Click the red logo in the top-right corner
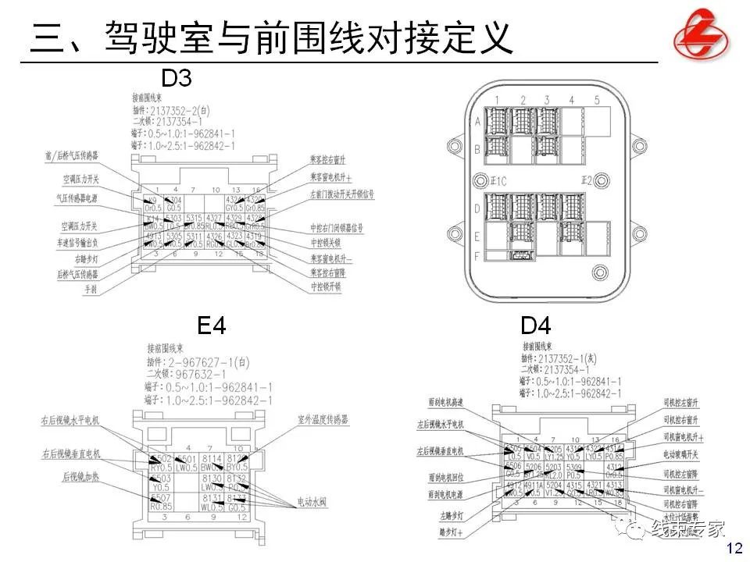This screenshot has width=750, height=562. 701,33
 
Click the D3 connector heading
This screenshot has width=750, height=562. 176,78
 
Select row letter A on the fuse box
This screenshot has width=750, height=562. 478,122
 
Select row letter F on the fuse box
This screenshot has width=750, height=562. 478,254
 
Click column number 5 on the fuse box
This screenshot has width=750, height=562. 596,100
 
